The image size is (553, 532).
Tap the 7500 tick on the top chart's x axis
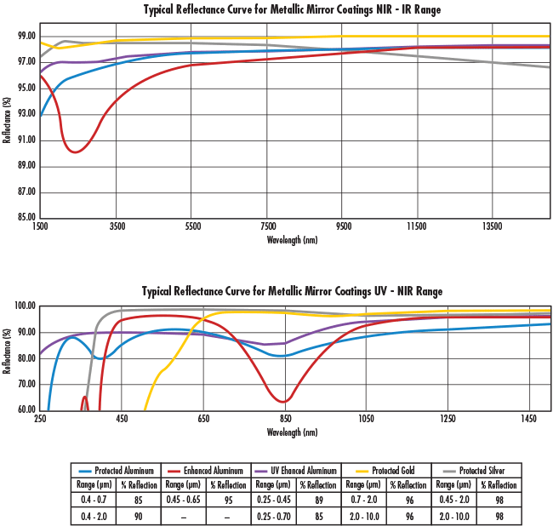click(x=267, y=227)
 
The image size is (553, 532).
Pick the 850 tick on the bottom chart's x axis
click(x=285, y=419)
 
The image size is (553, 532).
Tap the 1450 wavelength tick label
click(x=529, y=419)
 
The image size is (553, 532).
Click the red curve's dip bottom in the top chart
click(x=76, y=152)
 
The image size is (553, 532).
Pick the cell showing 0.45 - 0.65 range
click(x=185, y=501)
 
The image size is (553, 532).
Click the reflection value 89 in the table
click(x=318, y=501)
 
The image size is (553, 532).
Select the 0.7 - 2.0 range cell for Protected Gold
click(x=363, y=501)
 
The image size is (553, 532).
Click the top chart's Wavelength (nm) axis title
click(x=292, y=240)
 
